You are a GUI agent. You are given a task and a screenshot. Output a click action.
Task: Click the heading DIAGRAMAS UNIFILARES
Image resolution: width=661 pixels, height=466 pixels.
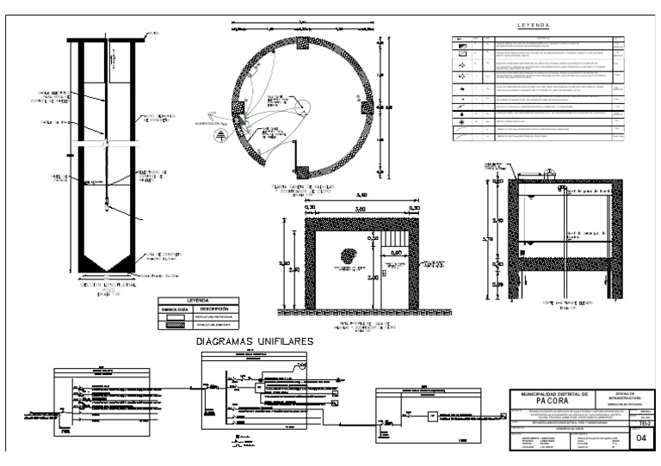tap(255, 340)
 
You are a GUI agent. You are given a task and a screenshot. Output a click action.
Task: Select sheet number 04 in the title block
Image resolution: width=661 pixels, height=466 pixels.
tap(639, 438)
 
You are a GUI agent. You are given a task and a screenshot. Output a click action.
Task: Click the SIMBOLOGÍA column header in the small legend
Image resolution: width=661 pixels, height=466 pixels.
tap(176, 309)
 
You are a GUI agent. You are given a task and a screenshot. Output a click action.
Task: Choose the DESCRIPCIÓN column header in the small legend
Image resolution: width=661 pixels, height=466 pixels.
tap(216, 309)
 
